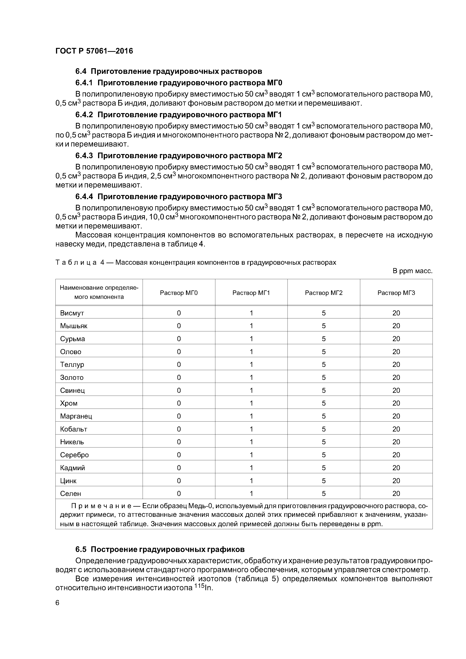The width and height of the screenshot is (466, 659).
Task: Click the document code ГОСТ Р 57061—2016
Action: [x=94, y=51]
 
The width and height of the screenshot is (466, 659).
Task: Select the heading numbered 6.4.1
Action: [x=179, y=83]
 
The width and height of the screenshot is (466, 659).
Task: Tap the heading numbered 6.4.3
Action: [x=179, y=156]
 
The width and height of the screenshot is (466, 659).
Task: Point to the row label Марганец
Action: [x=76, y=416]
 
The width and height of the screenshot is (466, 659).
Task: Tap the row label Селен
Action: [x=71, y=493]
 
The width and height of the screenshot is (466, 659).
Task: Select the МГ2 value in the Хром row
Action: [x=324, y=403]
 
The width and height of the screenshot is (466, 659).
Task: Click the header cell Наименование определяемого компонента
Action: [x=99, y=292]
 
